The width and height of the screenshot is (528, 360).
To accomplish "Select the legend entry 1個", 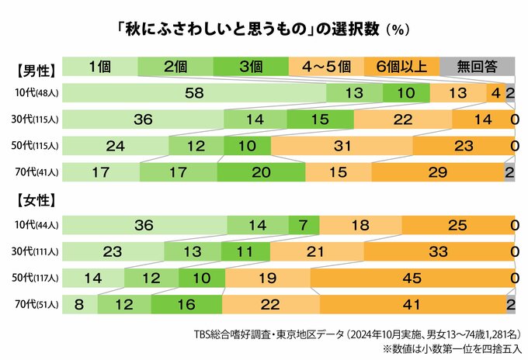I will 100,66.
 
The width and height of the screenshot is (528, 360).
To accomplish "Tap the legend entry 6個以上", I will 401,66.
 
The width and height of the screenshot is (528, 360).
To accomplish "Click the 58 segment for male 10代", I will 194,93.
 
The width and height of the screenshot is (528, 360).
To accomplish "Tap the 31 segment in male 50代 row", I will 342,146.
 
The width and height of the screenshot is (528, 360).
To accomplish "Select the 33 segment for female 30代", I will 439,252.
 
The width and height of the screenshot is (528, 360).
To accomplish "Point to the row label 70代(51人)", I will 35,305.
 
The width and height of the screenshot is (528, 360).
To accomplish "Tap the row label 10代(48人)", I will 35,94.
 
